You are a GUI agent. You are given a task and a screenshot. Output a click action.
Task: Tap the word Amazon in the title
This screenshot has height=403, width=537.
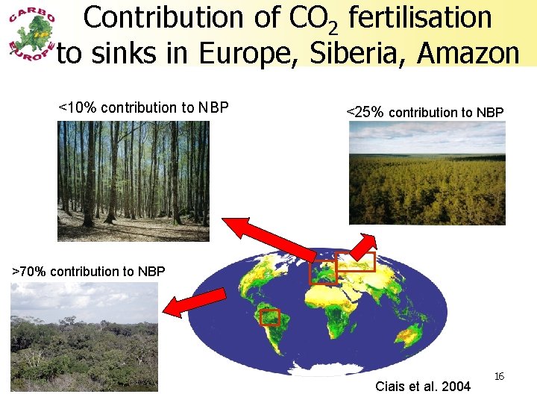click(469, 53)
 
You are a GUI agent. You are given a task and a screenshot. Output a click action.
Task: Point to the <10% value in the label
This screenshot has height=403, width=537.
click(78, 107)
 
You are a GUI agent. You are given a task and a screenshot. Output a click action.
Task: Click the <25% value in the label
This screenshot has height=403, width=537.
click(365, 113)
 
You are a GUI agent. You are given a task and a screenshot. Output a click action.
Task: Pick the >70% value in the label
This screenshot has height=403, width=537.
click(29, 271)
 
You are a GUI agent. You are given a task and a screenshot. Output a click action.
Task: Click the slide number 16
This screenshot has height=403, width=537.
click(500, 376)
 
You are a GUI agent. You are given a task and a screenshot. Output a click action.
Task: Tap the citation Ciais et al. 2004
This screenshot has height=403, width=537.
click(423, 386)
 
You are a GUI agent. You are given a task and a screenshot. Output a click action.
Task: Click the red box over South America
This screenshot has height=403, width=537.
click(269, 317)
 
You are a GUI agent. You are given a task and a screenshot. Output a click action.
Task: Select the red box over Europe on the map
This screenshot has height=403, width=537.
click(323, 272)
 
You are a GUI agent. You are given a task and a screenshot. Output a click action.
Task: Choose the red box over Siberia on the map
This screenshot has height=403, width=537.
click(355, 262)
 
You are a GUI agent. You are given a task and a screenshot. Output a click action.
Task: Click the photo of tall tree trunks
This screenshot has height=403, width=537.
click(134, 181)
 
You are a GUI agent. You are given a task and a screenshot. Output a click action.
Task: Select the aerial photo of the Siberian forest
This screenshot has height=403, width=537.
click(427, 173)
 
